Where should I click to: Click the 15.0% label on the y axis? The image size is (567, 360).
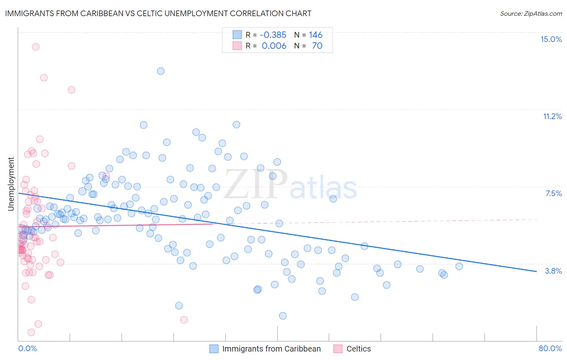[x=551, y=39]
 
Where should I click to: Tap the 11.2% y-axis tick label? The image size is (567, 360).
[x=552, y=116]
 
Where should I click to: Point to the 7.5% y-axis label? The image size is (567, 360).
[x=553, y=193]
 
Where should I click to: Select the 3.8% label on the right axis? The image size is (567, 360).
[x=553, y=271]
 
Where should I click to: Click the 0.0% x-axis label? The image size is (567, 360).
[x=27, y=348]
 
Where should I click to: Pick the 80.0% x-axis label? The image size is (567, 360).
[x=550, y=348]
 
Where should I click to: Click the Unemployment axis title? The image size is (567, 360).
[x=11, y=184]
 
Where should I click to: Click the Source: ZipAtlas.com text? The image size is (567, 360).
[x=531, y=13]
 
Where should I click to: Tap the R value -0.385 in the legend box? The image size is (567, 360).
[x=273, y=35]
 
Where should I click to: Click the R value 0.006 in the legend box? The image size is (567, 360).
[x=274, y=46]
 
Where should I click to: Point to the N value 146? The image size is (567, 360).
[x=316, y=35]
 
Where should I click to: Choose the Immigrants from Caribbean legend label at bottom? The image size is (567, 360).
[x=271, y=349]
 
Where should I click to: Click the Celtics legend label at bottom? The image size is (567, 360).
[x=359, y=349]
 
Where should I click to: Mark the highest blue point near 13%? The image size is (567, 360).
[x=161, y=71]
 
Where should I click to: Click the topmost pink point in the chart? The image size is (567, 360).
[x=35, y=47]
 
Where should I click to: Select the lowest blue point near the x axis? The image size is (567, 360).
[x=283, y=316]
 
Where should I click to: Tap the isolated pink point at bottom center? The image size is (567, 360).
[x=184, y=320]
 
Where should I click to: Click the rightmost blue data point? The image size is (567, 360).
[x=459, y=266]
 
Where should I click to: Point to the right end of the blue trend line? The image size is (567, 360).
[x=536, y=272]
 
